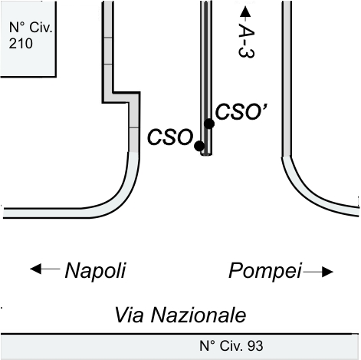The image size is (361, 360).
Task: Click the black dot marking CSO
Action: pos(199,146)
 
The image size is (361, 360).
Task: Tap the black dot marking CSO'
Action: pos(209,124)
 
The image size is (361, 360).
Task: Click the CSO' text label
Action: pos(241,111)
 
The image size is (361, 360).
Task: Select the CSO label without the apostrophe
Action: pos(170,137)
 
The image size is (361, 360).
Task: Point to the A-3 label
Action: pos(246,41)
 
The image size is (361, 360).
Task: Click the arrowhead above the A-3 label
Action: pos(245,12)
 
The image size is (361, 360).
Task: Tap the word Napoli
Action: pos(95,271)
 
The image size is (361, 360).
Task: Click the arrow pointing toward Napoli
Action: pos(45,269)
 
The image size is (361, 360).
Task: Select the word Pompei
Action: pos(265,271)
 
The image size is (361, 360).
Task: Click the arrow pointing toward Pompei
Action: pos(318,272)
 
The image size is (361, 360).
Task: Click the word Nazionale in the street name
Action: pos(199,315)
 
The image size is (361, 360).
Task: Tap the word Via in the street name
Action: pos(129,315)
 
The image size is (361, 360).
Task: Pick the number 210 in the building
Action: pos(21,44)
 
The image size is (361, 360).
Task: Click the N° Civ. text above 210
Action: pos(31,27)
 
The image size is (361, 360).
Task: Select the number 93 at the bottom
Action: pos(255,346)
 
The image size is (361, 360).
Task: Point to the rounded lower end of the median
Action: pos(206,154)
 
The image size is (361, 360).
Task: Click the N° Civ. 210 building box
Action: pos(28,38)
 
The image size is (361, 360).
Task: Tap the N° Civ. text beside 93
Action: pos(222,346)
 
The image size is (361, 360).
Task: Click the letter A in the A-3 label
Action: pos(247,31)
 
